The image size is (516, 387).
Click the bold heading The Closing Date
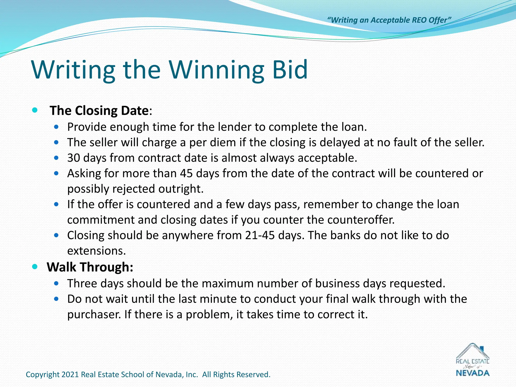pyautogui.click(x=99, y=111)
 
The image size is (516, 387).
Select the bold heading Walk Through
pyautogui.click(x=90, y=267)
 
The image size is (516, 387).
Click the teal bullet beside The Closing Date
pyautogui.click(x=35, y=110)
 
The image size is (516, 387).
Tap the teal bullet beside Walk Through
pyautogui.click(x=35, y=267)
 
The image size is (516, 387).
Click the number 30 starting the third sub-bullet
pyautogui.click(x=73, y=158)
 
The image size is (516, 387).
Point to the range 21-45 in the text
pyautogui.click(x=260, y=235)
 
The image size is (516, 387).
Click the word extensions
pyautogui.click(x=96, y=251)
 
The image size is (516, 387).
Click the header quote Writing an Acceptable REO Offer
pyautogui.click(x=389, y=20)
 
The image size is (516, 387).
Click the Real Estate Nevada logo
pyautogui.click(x=472, y=360)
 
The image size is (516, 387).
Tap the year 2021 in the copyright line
pyautogui.click(x=70, y=375)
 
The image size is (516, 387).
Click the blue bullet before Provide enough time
pyautogui.click(x=56, y=127)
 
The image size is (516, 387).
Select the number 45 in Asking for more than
pyautogui.click(x=186, y=174)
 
